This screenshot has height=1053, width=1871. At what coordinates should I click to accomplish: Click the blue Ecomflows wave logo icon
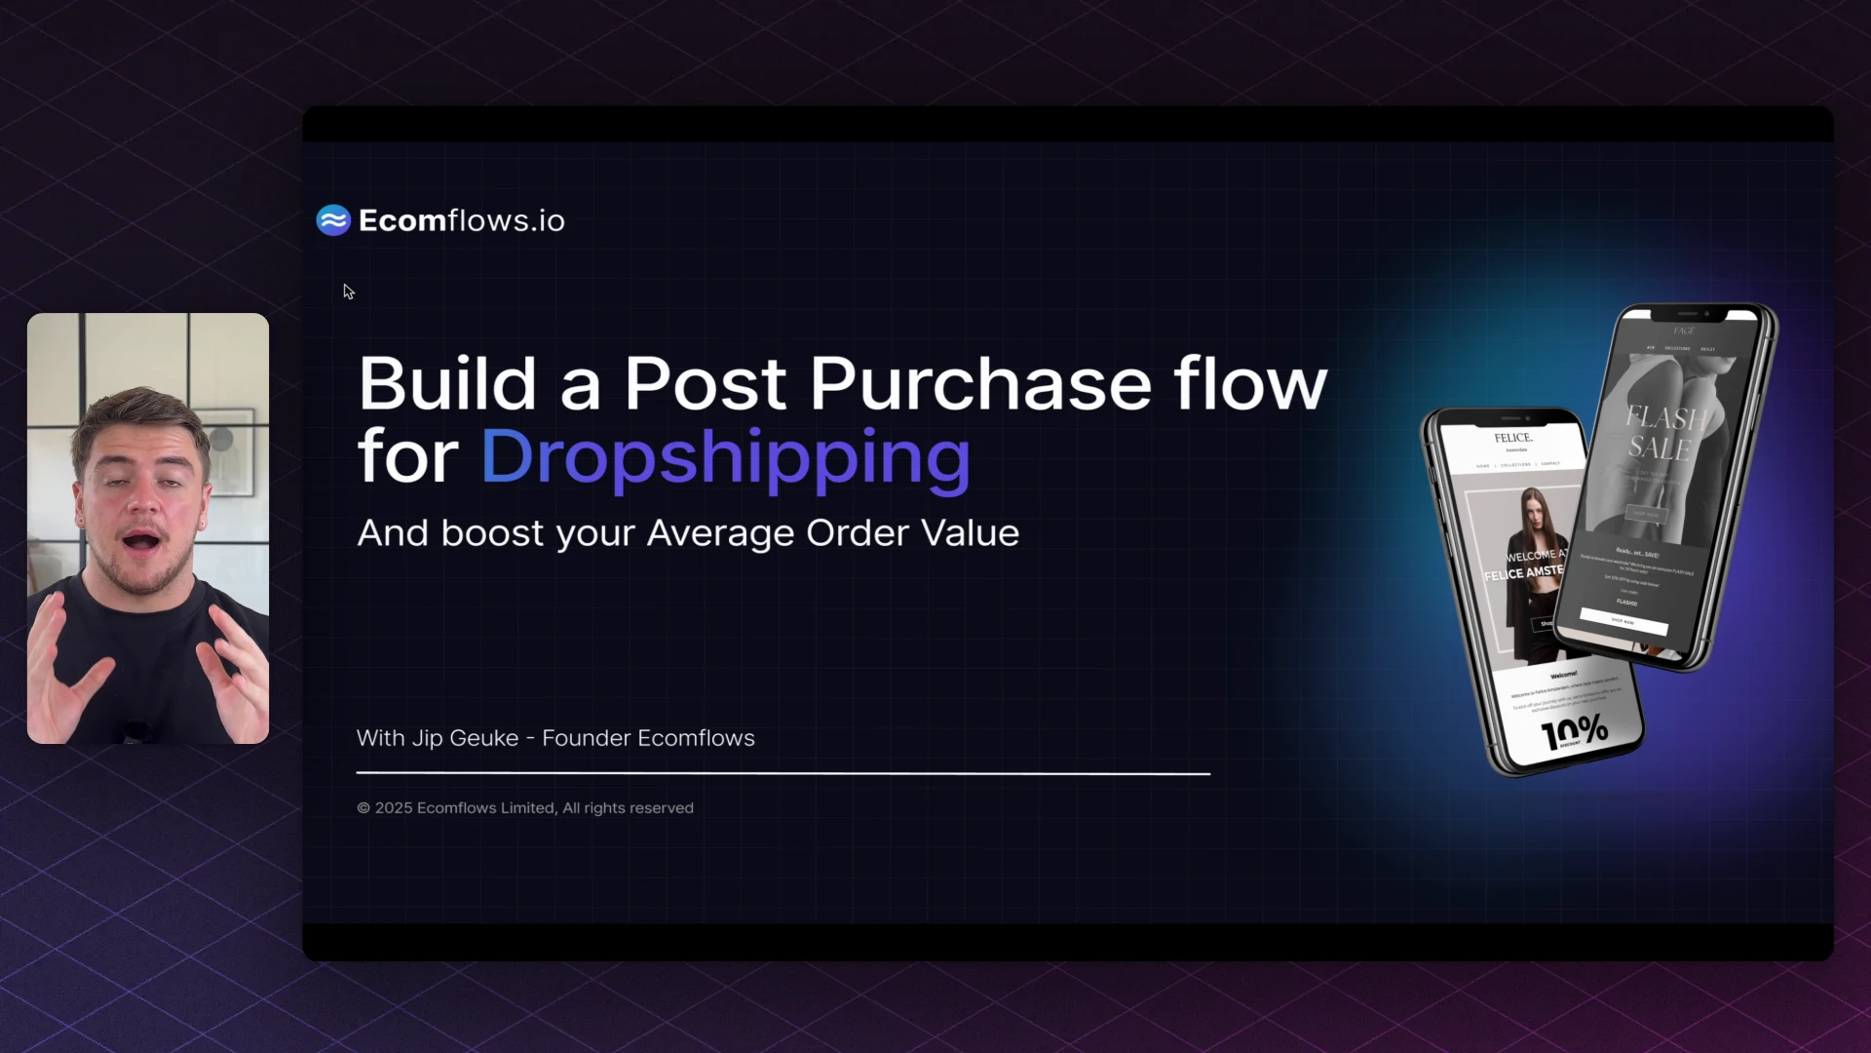click(x=333, y=220)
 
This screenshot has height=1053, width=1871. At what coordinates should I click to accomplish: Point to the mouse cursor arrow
click(x=348, y=291)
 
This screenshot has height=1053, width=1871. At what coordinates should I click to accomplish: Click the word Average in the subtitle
click(x=720, y=533)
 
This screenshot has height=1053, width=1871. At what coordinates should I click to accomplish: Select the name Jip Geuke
click(x=465, y=738)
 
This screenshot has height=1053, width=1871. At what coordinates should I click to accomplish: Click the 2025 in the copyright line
click(x=394, y=808)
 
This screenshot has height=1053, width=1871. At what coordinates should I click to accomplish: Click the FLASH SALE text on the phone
click(x=1661, y=433)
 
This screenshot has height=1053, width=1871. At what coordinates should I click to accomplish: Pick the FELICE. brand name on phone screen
click(x=1513, y=438)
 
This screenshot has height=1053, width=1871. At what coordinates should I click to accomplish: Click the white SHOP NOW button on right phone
click(x=1623, y=621)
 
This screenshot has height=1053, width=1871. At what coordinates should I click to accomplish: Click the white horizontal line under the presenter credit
click(x=783, y=773)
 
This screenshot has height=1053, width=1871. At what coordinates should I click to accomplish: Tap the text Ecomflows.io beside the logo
click(x=461, y=220)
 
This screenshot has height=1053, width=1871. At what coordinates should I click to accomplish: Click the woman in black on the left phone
click(x=1533, y=565)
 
